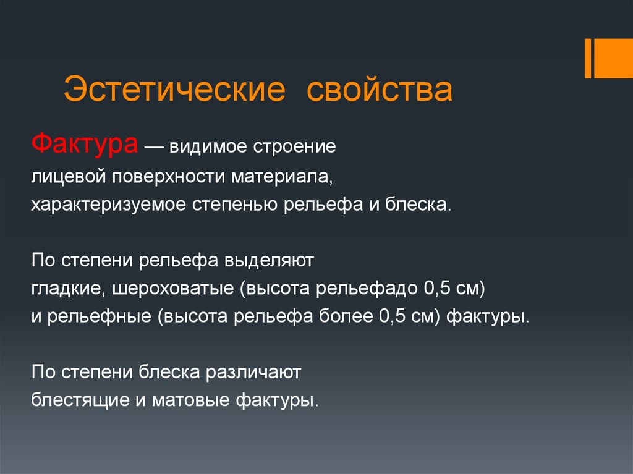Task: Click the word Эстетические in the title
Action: tap(174, 89)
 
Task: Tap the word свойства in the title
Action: tap(380, 89)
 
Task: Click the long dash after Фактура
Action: tap(154, 147)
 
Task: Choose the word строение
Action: tap(294, 147)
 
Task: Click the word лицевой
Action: tap(69, 177)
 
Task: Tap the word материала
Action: tap(282, 177)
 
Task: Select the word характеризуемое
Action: tap(108, 205)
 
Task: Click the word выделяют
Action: tap(270, 261)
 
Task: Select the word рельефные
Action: tap(100, 316)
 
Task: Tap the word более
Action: tap(346, 316)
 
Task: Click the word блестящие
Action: tap(80, 400)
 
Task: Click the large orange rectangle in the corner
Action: tap(614, 58)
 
